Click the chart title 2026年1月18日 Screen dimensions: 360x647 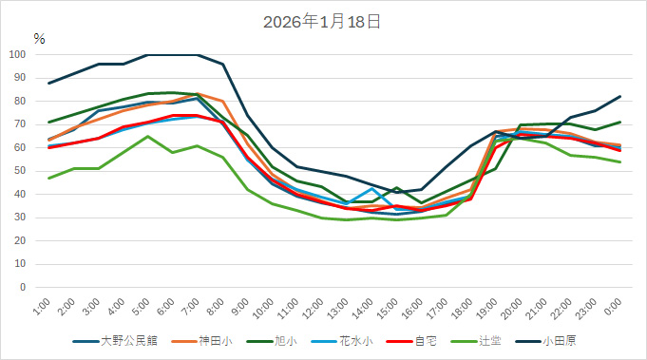pyautogui.click(x=323, y=20)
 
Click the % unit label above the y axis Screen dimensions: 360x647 pyautogui.click(x=39, y=39)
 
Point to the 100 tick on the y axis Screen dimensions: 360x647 pyautogui.click(x=19, y=54)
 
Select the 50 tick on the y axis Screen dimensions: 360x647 pyautogui.click(x=22, y=171)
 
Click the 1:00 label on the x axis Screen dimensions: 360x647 pyautogui.click(x=41, y=308)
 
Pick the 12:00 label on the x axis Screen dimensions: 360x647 pyautogui.click(x=313, y=310)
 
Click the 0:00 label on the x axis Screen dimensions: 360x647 pyautogui.click(x=613, y=308)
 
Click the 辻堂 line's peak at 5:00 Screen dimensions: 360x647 pyautogui.click(x=147, y=136)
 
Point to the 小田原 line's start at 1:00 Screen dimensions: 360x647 pyautogui.click(x=48, y=83)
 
